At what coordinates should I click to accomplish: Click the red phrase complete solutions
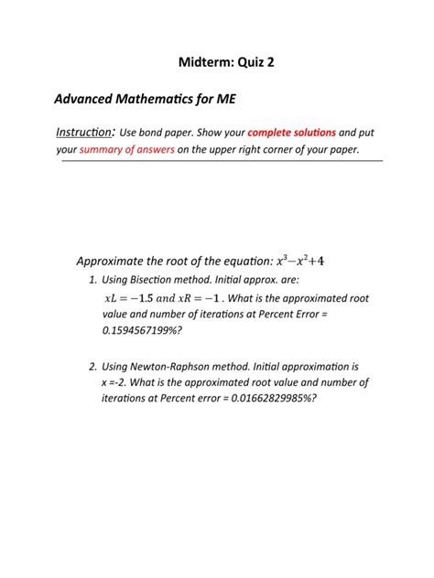[291, 133]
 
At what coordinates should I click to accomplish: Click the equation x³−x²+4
[300, 261]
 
